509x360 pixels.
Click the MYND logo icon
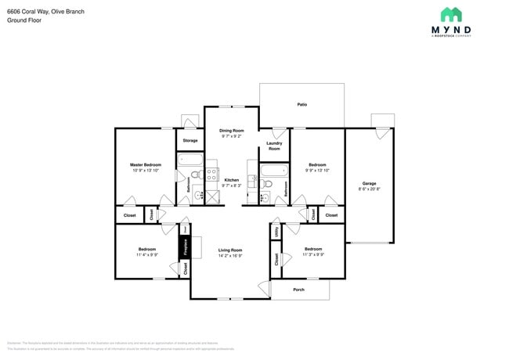(x=450, y=14)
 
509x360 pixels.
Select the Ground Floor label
(x=23, y=20)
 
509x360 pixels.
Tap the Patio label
(x=301, y=104)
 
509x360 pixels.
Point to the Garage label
(x=370, y=184)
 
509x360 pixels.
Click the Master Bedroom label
(x=146, y=164)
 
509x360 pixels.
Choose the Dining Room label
(x=232, y=130)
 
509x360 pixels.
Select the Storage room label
(x=190, y=140)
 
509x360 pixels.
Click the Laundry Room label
(x=273, y=146)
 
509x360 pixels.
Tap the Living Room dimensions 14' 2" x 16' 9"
(x=230, y=255)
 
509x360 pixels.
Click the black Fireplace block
(x=186, y=248)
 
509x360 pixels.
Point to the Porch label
(x=298, y=289)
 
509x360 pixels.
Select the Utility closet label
(x=276, y=232)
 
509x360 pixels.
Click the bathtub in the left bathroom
(x=190, y=162)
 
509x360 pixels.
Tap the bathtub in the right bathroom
(x=274, y=171)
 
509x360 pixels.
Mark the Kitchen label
(x=231, y=180)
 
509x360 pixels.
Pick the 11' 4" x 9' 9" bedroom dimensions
(x=147, y=254)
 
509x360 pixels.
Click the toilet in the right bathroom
(x=267, y=185)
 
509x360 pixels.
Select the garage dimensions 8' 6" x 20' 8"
(x=370, y=189)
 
